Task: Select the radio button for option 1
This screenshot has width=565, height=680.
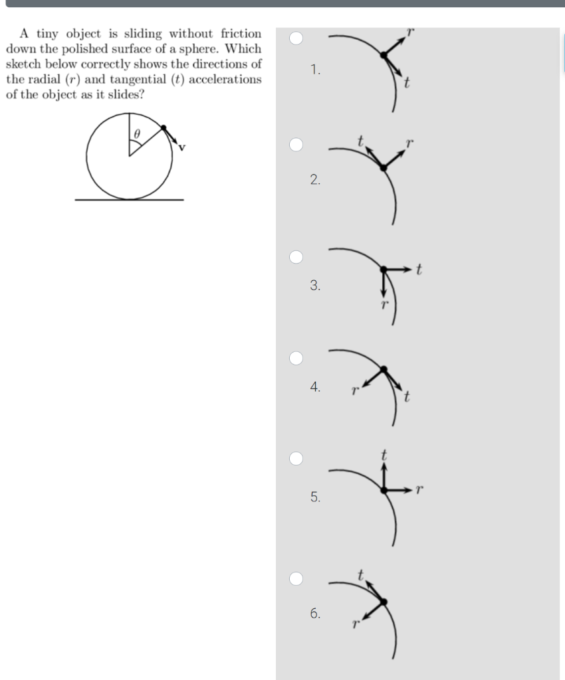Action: (296, 39)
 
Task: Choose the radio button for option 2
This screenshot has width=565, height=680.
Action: (296, 145)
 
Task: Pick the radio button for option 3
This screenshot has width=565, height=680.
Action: (296, 257)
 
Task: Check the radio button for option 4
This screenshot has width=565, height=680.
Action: (296, 358)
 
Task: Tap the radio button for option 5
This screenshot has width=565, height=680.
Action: (296, 459)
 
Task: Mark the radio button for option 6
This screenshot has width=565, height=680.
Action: (296, 578)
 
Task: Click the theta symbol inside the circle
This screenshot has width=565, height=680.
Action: (136, 133)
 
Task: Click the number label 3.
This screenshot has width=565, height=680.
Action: (314, 286)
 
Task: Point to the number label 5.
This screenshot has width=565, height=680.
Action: (314, 496)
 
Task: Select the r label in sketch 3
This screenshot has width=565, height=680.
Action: (384, 305)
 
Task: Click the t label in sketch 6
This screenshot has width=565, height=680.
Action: (360, 574)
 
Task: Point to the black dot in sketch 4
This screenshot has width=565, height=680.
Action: (383, 368)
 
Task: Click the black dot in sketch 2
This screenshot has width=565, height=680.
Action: (382, 167)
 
